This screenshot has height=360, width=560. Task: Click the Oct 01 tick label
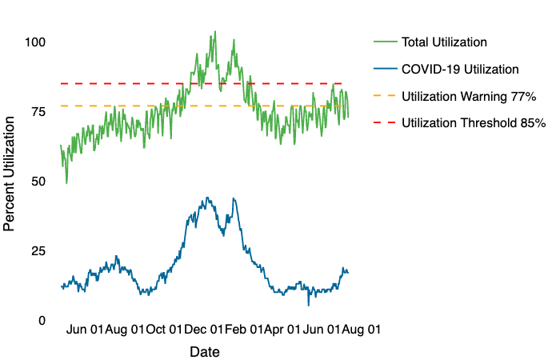[163, 329]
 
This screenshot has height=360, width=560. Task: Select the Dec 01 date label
[205, 329]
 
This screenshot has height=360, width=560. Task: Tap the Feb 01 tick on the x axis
[246, 329]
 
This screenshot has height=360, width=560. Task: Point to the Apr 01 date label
[282, 329]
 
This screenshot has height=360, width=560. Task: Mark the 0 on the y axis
[41, 320]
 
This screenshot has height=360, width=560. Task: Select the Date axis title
[205, 351]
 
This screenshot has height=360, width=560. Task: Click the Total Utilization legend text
[444, 42]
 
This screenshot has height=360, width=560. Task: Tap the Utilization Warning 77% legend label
[469, 96]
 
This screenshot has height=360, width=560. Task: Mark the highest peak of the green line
[214, 32]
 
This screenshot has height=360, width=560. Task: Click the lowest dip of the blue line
[309, 305]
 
